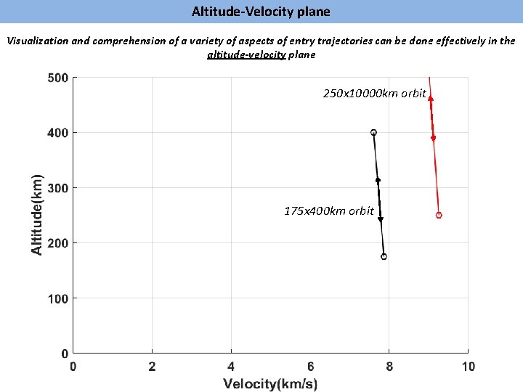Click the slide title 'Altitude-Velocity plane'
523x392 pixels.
261,12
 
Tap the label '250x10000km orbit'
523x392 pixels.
374,94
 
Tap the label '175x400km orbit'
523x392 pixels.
329,211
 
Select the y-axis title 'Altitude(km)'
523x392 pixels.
37,213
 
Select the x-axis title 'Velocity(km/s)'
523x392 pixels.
270,383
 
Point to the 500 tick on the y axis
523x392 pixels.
58,78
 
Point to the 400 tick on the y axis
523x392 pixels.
58,133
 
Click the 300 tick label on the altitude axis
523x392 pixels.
58,188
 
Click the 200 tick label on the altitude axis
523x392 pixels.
58,243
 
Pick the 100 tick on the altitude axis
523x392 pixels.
58,298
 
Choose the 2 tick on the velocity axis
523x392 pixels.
152,367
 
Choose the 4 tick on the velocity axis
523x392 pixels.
231,367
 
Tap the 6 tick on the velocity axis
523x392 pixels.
310,367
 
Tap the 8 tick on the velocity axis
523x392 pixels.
389,367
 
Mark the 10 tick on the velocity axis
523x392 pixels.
468,367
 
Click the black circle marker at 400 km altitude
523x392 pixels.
373,133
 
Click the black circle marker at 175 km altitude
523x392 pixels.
384,256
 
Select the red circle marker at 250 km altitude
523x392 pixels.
439,216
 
